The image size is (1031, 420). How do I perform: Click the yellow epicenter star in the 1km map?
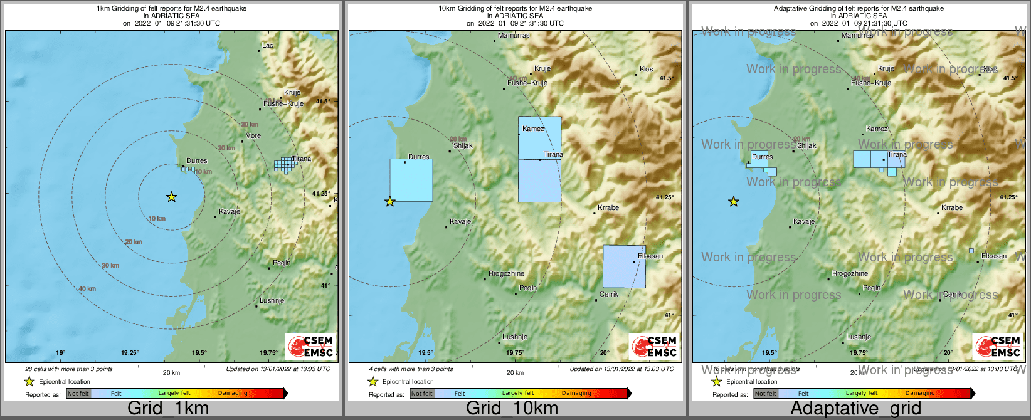pos(171,197)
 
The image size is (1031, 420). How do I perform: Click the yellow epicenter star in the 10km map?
pos(390,201)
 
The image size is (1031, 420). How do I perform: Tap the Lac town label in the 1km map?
pos(268,45)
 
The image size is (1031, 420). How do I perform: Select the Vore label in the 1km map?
pos(253,135)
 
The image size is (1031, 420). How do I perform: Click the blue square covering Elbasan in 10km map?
pos(624,266)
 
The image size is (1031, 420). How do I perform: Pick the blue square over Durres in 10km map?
pos(411,180)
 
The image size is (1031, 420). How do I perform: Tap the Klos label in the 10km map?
pos(646,69)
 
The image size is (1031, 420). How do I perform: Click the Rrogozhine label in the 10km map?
pos(507,273)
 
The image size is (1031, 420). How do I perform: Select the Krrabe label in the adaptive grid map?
pos(951,207)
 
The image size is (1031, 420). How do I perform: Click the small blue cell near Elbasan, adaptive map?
pos(971,251)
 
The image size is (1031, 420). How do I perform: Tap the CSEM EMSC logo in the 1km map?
pos(310,346)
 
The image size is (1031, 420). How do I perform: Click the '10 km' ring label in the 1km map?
pos(157,218)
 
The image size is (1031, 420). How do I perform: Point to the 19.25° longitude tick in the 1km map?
pos(130,353)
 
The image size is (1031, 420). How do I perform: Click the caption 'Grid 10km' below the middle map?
pos(512,409)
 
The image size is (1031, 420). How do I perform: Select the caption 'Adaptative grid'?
pos(855,409)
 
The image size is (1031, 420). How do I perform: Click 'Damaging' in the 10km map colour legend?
pos(576,393)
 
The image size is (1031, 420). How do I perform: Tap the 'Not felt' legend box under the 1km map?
pos(78,393)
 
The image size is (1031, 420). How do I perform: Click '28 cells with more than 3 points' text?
pos(69,369)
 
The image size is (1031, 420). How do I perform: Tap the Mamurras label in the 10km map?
pos(514,36)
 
